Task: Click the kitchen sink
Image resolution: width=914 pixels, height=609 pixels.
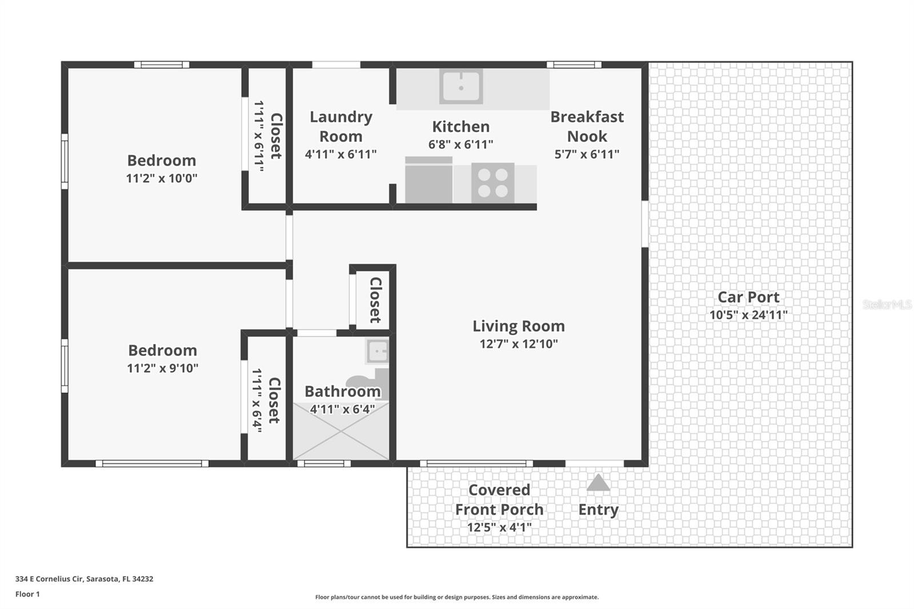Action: (461, 86)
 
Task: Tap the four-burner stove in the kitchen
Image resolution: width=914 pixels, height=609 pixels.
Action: (492, 183)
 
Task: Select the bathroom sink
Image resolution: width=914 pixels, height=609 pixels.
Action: (378, 351)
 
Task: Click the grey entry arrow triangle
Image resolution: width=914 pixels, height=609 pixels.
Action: (598, 482)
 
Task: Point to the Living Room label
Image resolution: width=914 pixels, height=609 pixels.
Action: (519, 326)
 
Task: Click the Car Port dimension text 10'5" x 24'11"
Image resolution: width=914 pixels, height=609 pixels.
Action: (748, 315)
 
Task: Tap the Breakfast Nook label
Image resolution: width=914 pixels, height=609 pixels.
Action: (587, 126)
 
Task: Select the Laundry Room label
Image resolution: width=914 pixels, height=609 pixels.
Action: (340, 126)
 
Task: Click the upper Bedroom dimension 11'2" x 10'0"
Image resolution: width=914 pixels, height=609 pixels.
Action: (162, 178)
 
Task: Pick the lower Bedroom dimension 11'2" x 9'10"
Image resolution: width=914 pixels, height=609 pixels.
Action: (162, 368)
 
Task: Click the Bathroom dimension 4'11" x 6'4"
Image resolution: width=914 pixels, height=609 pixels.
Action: (342, 409)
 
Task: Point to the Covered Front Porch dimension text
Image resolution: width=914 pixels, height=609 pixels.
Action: (499, 527)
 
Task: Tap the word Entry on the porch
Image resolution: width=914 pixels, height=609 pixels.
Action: (599, 510)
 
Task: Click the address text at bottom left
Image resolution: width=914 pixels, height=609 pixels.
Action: (85, 579)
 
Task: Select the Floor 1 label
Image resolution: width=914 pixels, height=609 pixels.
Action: (28, 594)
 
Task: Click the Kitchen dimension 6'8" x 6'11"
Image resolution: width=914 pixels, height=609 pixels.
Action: (460, 145)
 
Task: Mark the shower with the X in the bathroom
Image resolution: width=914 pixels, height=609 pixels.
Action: (340, 431)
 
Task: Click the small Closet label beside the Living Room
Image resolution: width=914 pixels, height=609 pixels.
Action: (375, 300)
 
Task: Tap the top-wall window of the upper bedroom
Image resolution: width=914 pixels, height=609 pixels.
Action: (162, 65)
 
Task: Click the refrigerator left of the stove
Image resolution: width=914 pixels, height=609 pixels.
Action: (428, 179)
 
